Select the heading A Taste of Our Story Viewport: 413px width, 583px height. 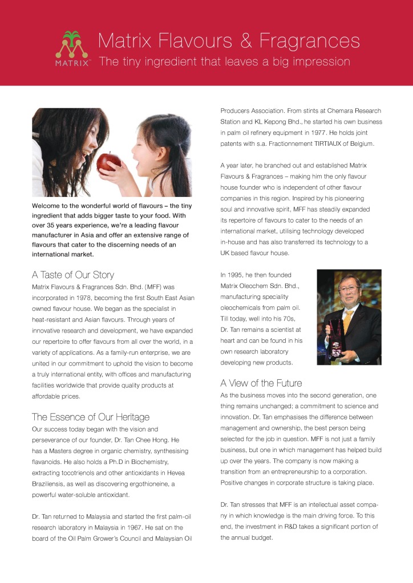tap(73, 275)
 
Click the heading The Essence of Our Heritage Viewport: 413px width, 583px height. tap(91, 417)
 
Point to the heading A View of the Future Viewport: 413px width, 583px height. tap(261, 383)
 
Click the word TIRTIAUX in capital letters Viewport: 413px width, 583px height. tap(327, 143)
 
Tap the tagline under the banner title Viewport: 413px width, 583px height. tap(224, 61)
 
